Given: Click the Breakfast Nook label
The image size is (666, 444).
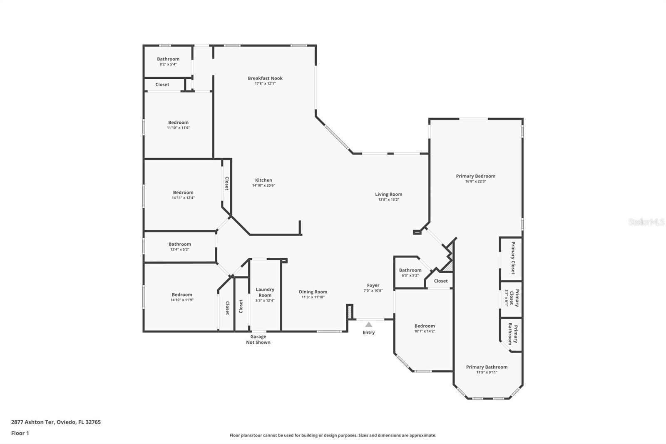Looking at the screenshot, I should [x=265, y=78].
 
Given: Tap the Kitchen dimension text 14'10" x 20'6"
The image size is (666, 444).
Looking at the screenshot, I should [x=263, y=186].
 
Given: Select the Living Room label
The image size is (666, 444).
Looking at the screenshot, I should [x=388, y=194].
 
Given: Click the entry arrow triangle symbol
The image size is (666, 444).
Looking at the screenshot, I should [x=369, y=324].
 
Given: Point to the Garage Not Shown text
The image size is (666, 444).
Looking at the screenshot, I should [x=258, y=339].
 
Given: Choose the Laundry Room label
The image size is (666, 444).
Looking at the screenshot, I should [x=265, y=292].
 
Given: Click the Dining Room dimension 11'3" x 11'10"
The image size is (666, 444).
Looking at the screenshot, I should [x=313, y=297].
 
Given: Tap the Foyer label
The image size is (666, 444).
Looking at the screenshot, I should [x=373, y=285].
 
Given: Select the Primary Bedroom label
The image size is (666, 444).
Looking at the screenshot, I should [x=475, y=176].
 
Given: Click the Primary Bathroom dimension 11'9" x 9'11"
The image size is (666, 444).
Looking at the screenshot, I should [x=487, y=372].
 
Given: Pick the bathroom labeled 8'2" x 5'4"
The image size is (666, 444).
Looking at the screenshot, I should [x=168, y=61].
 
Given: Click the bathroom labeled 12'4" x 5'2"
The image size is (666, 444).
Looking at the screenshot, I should [x=180, y=247].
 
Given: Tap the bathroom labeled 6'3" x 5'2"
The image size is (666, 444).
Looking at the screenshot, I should [x=410, y=272].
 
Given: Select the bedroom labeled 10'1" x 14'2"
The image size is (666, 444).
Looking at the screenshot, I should [x=425, y=328].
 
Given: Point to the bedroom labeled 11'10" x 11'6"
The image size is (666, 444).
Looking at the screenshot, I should [x=178, y=125].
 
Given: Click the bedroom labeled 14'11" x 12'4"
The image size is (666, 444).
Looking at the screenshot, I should [x=183, y=195].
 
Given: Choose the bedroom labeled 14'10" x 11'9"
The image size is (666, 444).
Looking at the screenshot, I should [x=182, y=297].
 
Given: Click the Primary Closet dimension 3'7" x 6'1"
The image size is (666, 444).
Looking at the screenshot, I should [x=507, y=298].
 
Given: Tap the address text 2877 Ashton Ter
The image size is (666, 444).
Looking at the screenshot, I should [x=33, y=422].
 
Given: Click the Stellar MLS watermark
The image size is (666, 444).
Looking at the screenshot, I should [x=646, y=222].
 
